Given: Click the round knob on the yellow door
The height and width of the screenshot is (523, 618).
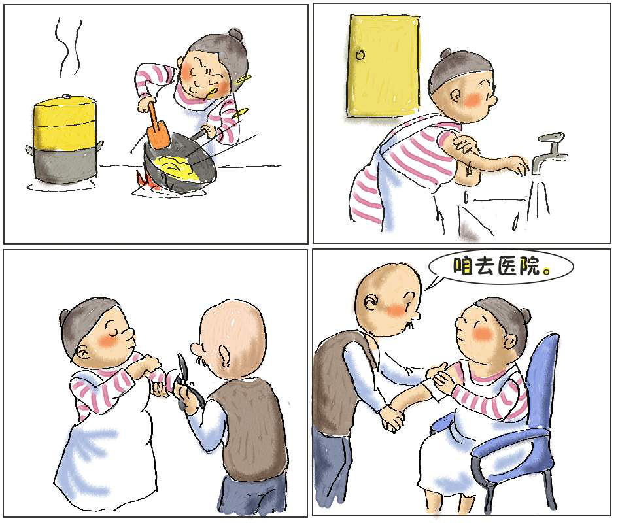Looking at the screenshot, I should [x=359, y=55].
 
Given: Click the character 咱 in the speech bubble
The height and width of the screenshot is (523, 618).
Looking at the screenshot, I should [x=463, y=266].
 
